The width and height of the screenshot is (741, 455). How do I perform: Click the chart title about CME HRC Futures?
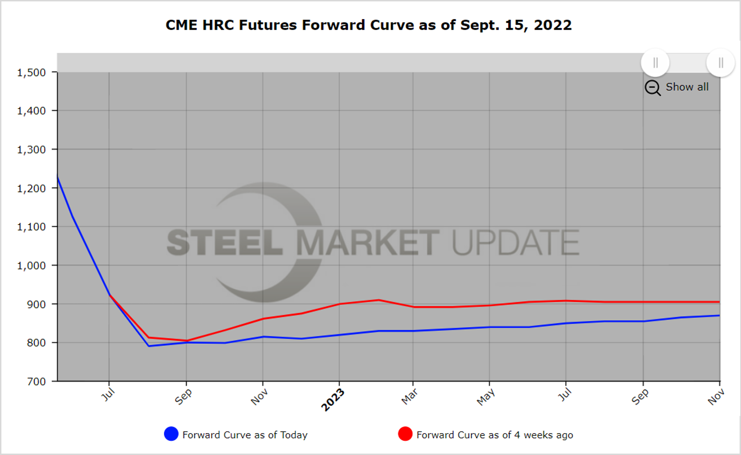tap(368, 25)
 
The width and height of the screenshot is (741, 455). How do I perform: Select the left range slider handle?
tap(655, 63)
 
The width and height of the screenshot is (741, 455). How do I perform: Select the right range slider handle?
tap(721, 63)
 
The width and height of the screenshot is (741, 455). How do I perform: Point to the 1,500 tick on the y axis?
tap(31, 73)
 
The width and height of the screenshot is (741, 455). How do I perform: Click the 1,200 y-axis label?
tap(31, 188)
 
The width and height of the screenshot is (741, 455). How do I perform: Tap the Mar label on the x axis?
tap(409, 397)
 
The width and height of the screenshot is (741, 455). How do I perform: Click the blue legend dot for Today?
tap(171, 434)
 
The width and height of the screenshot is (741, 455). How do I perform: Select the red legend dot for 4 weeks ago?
tap(405, 434)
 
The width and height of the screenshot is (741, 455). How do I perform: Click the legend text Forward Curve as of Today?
tap(245, 435)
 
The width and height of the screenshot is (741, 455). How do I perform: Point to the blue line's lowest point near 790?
tap(149, 346)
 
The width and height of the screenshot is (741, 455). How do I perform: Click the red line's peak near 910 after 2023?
tap(379, 300)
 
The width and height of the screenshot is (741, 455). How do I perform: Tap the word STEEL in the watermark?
tap(224, 242)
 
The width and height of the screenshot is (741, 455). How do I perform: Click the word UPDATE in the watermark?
tap(515, 242)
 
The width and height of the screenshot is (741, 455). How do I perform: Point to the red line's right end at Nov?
tap(719, 302)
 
